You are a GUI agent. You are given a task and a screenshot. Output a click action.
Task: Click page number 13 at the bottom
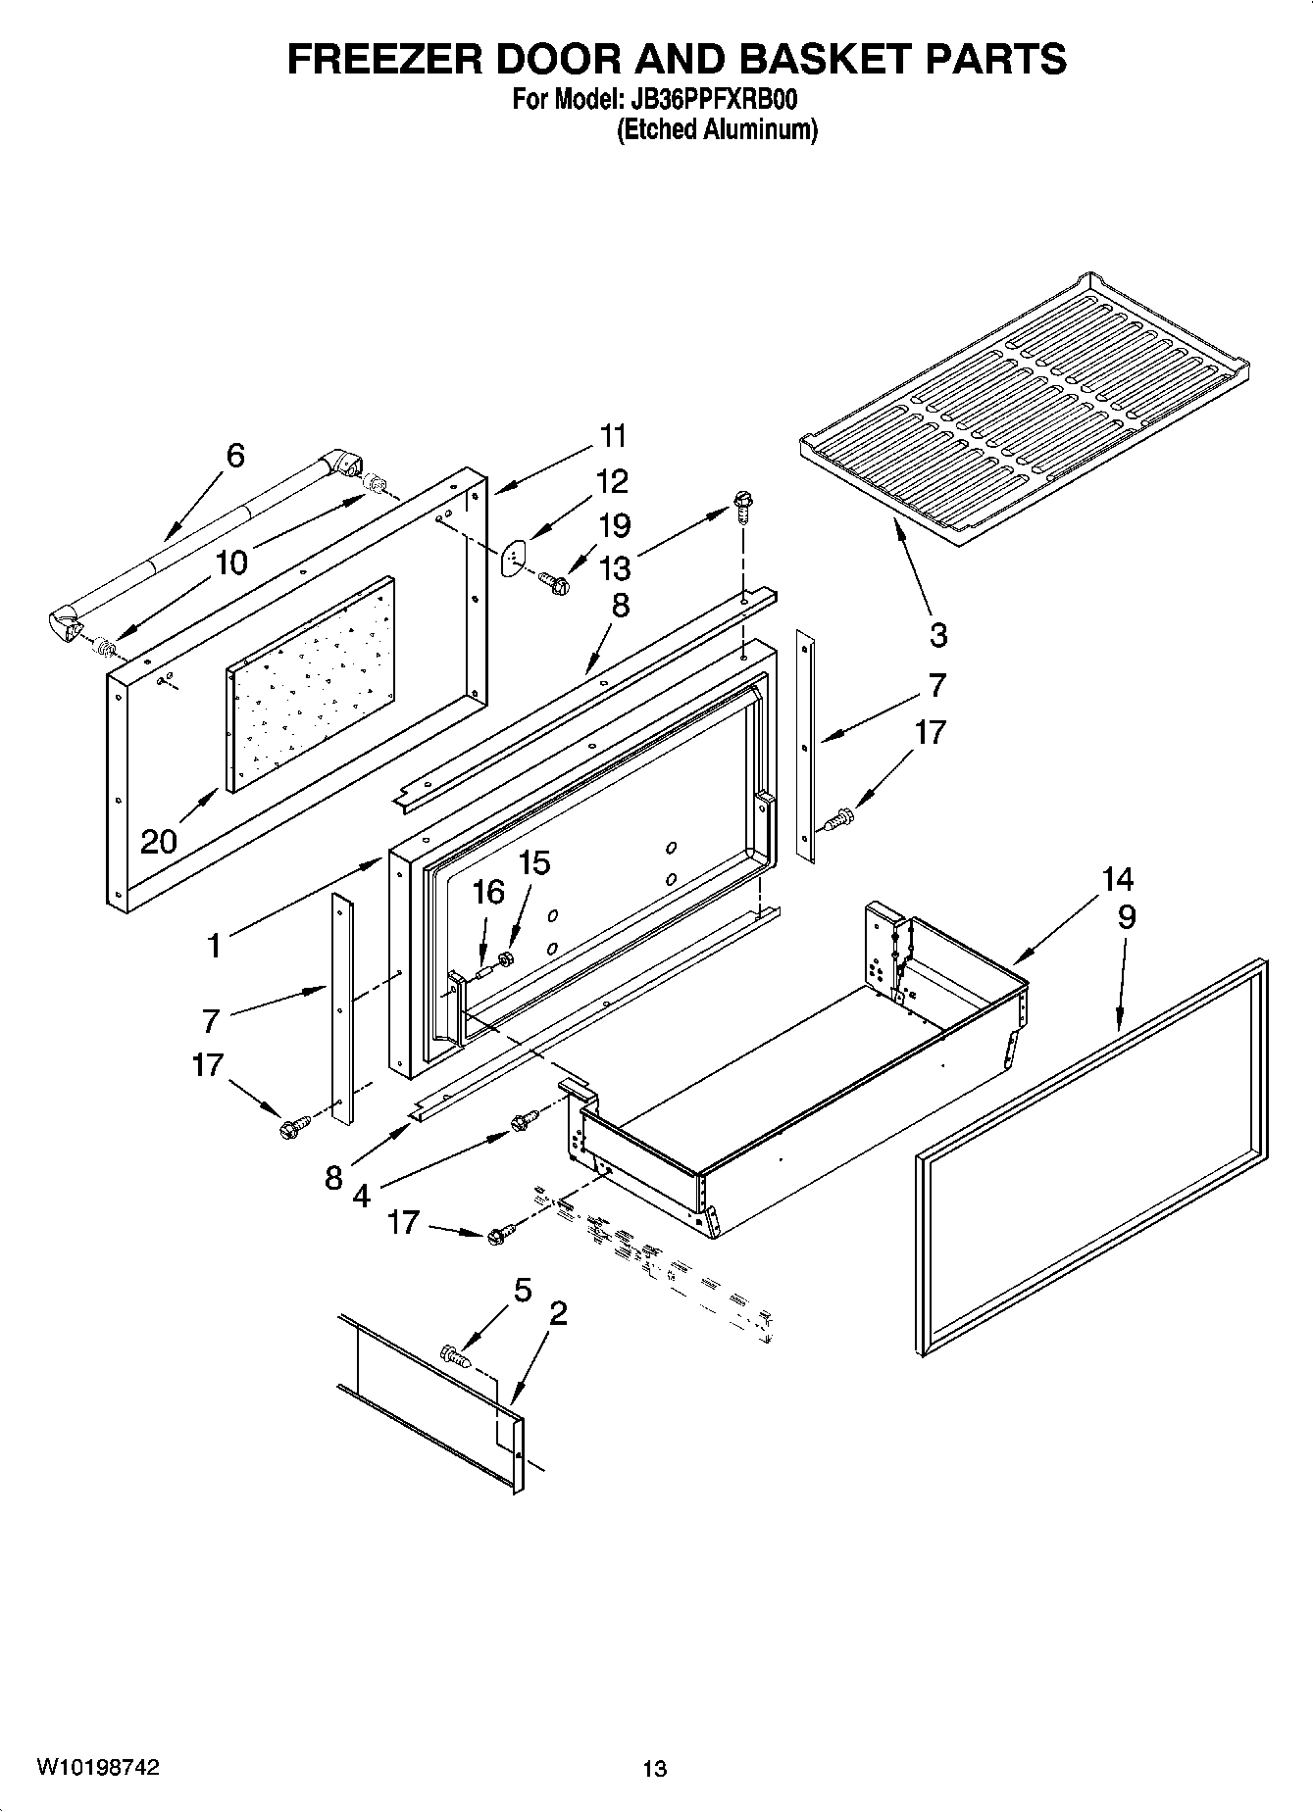[x=654, y=1768]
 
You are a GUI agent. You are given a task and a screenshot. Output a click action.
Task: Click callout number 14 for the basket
[x=1117, y=878]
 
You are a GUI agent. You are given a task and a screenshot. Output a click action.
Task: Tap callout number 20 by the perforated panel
[x=159, y=840]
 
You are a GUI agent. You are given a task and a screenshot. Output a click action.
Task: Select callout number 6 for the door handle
[x=234, y=455]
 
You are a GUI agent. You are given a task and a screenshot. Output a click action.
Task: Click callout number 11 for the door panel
[x=612, y=435]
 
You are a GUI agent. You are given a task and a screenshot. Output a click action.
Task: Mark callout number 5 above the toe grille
[x=522, y=1291]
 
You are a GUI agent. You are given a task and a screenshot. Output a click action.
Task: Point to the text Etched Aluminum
[x=716, y=128]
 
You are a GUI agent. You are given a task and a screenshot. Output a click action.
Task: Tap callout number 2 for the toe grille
[x=557, y=1312]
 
